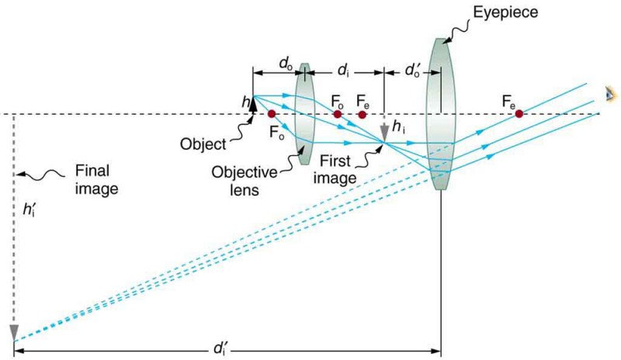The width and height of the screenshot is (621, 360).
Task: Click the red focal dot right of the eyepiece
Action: [x=519, y=114]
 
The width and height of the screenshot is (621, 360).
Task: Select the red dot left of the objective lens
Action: [x=271, y=114]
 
